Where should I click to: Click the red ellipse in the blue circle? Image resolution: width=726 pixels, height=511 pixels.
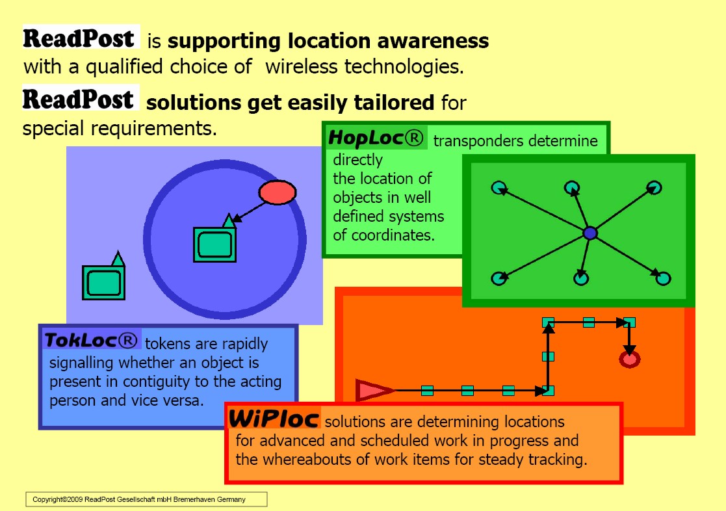(x=278, y=192)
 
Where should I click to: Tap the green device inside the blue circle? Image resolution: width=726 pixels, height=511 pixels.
(x=214, y=243)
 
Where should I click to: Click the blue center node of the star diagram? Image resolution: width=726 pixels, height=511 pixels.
(x=590, y=233)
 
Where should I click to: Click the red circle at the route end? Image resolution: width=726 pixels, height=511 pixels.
(x=629, y=359)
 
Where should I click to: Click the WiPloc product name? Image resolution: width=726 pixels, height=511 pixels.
(x=274, y=419)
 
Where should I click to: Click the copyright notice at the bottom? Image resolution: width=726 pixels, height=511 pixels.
(x=146, y=499)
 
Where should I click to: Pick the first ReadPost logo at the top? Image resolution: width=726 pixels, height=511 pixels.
(x=81, y=38)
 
